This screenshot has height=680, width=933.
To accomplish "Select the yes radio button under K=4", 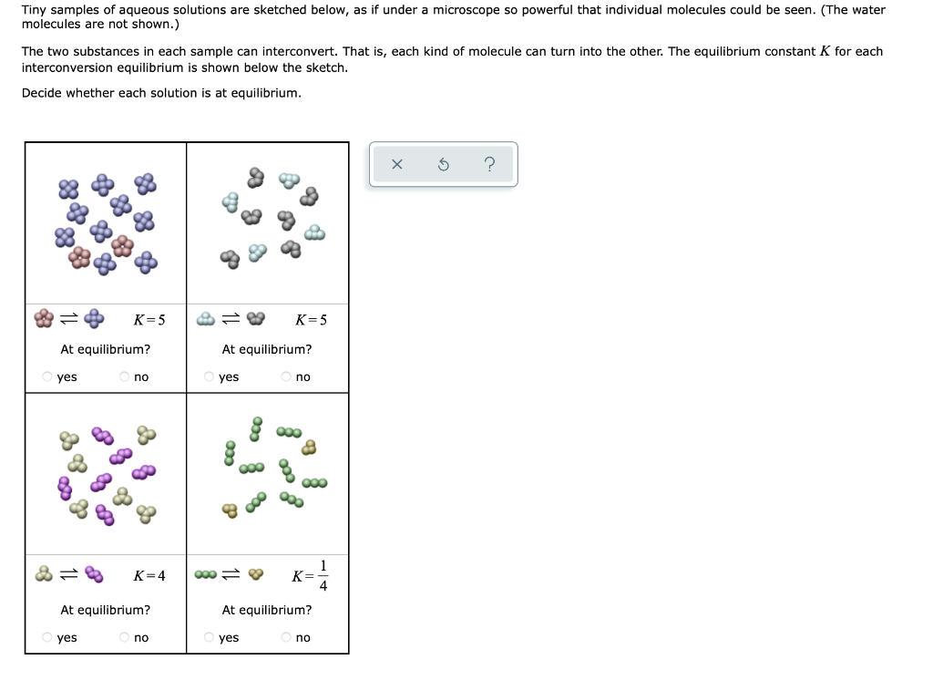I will [47, 637].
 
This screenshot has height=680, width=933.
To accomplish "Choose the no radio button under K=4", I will [124, 637].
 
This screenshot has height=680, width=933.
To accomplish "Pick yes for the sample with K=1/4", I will [210, 637].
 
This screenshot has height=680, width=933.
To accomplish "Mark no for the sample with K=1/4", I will [286, 637].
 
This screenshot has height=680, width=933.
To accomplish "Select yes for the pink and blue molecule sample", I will [47, 376].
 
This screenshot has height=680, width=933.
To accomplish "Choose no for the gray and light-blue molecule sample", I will [286, 376].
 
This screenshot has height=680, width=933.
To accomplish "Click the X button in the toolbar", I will [396, 165].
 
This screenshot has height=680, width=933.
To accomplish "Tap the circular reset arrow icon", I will [443, 165].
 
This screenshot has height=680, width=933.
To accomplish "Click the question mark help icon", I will [489, 165].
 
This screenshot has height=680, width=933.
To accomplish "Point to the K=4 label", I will [149, 575].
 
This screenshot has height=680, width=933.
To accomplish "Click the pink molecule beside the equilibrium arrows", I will [44, 319].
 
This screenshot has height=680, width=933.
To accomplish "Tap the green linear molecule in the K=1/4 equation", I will [206, 575].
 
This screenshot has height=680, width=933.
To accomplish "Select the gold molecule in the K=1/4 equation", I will [256, 575].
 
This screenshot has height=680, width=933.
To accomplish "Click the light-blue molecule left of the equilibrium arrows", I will [206, 319].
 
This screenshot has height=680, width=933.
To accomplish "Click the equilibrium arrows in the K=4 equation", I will [68, 575].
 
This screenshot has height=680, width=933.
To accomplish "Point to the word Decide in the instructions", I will [41, 93].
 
